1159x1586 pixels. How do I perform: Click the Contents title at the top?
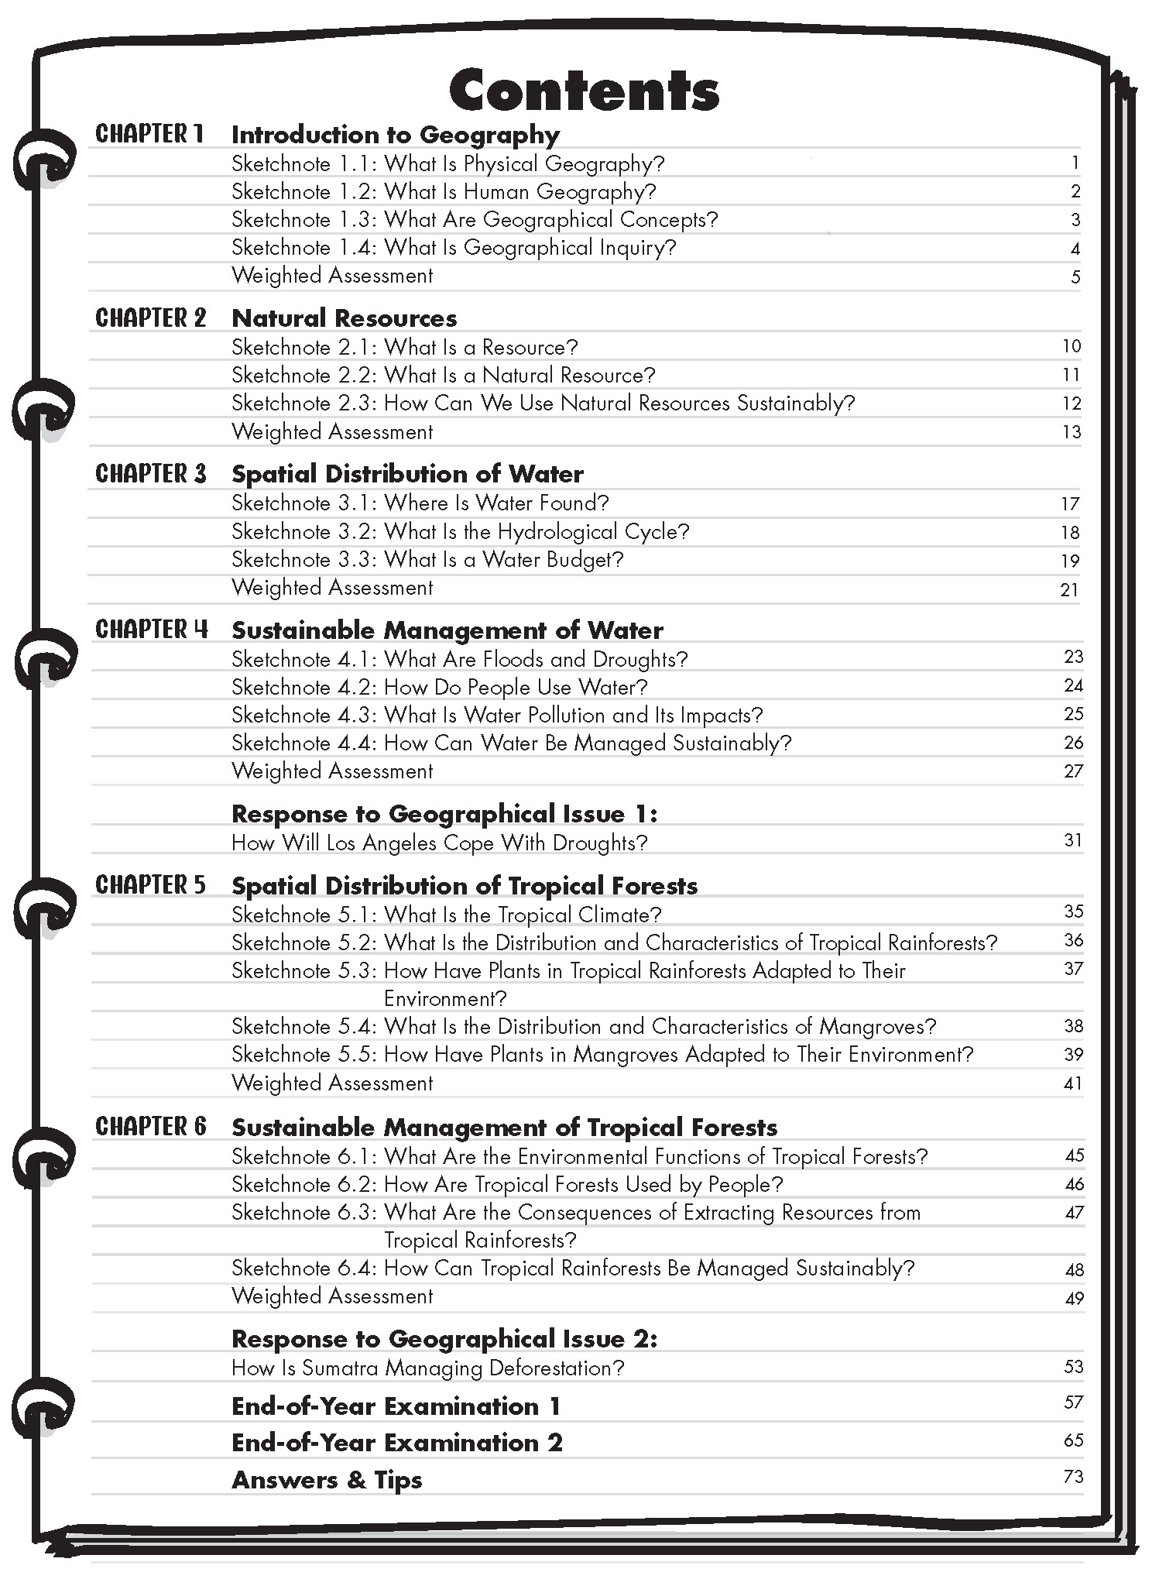click(584, 91)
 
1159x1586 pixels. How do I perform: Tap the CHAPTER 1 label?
click(149, 134)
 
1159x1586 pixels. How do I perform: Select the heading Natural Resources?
click(345, 318)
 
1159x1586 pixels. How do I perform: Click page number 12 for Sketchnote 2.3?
click(1072, 403)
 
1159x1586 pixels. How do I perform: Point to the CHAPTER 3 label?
click(151, 473)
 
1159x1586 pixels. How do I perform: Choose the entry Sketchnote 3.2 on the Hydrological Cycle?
click(460, 532)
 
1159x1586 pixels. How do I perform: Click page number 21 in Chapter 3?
click(1069, 590)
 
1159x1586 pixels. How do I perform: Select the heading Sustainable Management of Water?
click(447, 630)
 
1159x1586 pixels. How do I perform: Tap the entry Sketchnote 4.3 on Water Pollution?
click(497, 715)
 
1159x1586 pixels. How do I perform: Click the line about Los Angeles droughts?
click(439, 843)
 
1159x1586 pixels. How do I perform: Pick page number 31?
click(1073, 840)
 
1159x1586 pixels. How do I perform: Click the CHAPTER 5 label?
click(151, 884)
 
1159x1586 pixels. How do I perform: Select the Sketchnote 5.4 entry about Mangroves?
click(584, 1027)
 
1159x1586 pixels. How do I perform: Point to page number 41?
click(1073, 1083)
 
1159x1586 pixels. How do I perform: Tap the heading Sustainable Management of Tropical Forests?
click(504, 1128)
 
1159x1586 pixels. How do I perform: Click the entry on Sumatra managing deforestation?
click(427, 1368)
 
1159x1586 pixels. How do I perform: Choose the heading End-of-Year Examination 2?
click(396, 1443)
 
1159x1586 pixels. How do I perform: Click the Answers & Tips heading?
click(327, 1480)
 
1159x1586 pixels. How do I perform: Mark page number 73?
click(1073, 1477)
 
